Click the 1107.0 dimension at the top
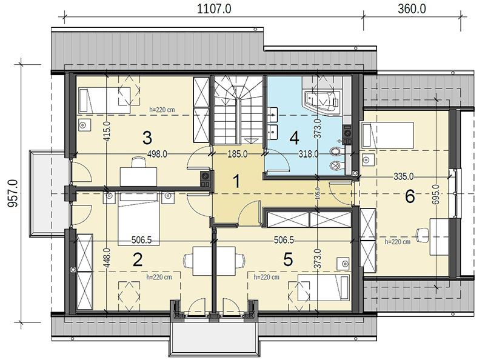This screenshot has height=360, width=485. click(214, 8)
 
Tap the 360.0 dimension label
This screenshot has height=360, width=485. click(412, 8)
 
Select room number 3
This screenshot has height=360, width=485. click(147, 138)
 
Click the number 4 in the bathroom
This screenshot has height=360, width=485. click(294, 138)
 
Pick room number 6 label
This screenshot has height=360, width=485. click(410, 196)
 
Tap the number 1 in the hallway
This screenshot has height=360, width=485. click(236, 181)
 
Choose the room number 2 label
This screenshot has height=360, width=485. click(138, 259)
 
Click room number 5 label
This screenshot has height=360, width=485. click(288, 259)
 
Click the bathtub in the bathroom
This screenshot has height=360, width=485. click(322, 102)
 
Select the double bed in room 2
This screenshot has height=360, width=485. click(139, 219)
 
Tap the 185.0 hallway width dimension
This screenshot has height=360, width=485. click(238, 154)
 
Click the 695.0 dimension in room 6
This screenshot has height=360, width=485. click(435, 194)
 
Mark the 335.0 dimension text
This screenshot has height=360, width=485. click(404, 176)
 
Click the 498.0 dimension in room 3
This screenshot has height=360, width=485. click(157, 154)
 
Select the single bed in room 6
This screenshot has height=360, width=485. click(388, 134)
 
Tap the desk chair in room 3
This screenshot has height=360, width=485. click(138, 162)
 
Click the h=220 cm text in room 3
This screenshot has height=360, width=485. click(162, 110)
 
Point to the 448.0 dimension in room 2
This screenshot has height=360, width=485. click(107, 258)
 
